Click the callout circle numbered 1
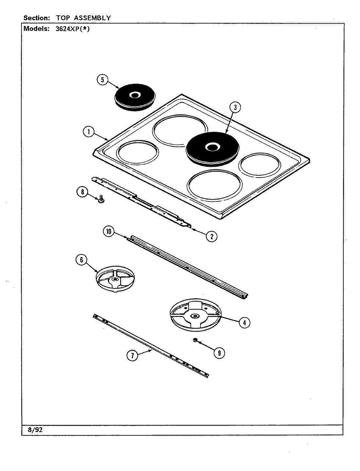click(88, 132)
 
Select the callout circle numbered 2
click(211, 236)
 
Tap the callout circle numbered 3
click(235, 107)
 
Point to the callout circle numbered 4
click(244, 323)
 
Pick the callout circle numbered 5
click(102, 80)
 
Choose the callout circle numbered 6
click(81, 260)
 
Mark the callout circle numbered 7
click(132, 356)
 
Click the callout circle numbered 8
click(82, 192)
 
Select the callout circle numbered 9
click(219, 353)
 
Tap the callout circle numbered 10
click(109, 232)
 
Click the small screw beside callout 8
click(101, 199)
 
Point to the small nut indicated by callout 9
click(195, 340)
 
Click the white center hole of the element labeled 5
click(134, 95)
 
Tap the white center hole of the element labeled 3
click(211, 147)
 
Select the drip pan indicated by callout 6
click(115, 278)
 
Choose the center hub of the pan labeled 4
click(195, 316)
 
